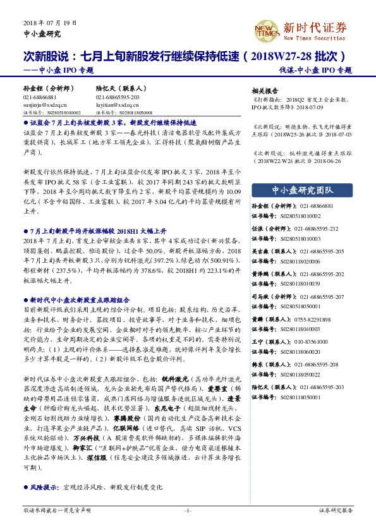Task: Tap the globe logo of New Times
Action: (x=267, y=29)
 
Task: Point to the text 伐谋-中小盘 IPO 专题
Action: (x=316, y=70)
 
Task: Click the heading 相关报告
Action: (x=265, y=90)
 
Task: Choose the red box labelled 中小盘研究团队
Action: (x=302, y=190)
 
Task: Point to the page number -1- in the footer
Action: (x=188, y=510)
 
